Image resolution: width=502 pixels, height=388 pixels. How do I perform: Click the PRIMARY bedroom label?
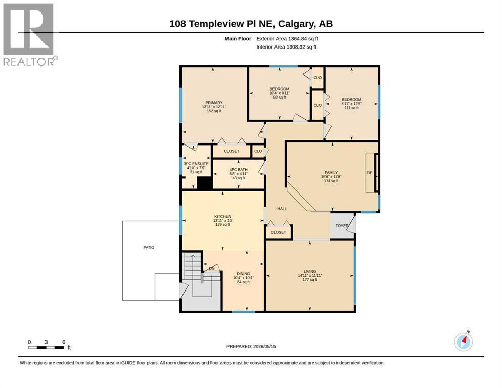pos(214,103)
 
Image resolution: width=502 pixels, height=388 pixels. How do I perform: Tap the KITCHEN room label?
pos(222,217)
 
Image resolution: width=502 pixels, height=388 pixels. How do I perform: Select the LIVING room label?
pos(310,272)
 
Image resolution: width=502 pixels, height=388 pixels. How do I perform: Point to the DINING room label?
pos(243,274)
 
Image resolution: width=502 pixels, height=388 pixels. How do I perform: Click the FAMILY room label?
pos(331,173)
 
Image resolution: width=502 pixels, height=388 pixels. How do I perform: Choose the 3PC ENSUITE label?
pos(196,164)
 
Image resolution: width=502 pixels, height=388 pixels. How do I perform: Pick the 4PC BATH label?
pos(239,170)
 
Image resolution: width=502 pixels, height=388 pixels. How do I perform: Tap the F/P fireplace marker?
pos(369,173)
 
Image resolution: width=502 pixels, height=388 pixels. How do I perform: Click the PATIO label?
pos(149,247)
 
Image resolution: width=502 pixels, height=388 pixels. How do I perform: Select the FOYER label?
pos(342,226)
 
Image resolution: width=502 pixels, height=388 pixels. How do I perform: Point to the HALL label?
pos(282,209)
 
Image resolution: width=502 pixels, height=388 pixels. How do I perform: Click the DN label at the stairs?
pos(212,269)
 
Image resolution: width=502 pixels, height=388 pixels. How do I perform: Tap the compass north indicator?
pos(463,342)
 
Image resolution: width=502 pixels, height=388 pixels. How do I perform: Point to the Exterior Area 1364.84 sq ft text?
pos(287,39)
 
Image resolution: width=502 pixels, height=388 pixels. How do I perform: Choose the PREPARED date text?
pos(251,346)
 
